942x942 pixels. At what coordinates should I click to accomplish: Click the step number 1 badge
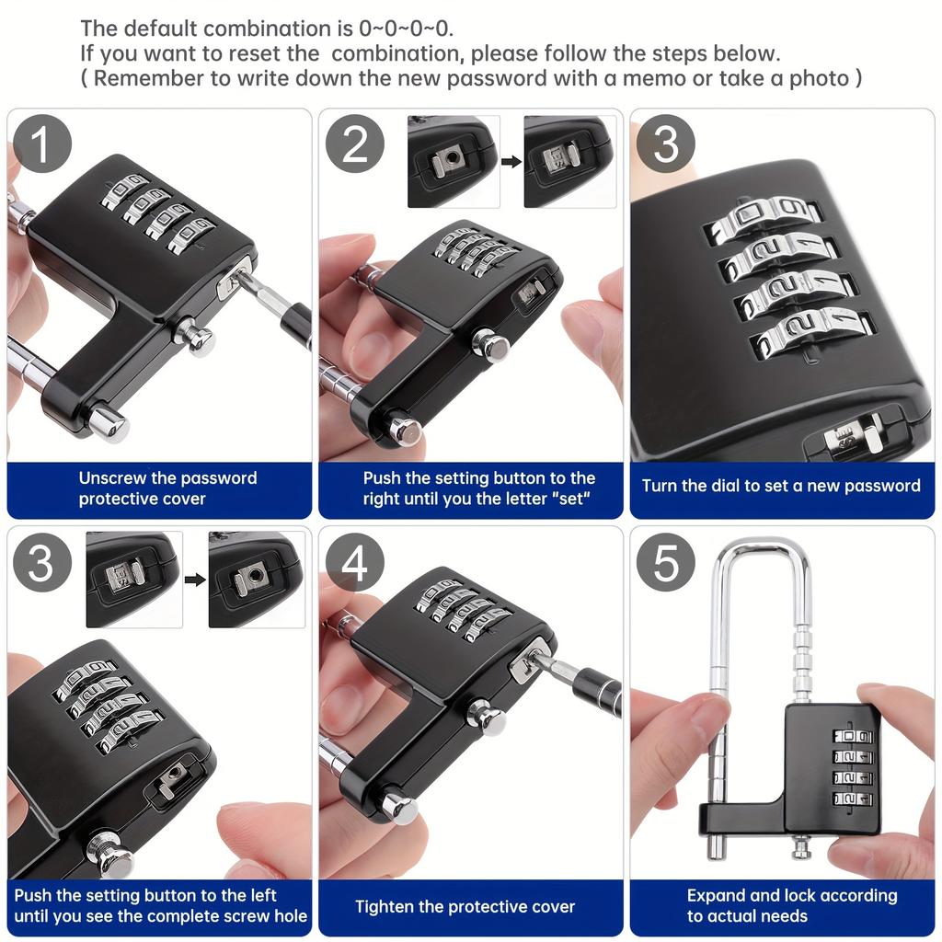coord(42,144)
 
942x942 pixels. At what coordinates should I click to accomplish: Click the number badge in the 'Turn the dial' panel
coord(666,144)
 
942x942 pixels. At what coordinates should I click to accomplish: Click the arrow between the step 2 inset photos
coord(511,162)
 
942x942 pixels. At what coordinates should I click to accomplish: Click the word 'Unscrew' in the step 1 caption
coord(112,478)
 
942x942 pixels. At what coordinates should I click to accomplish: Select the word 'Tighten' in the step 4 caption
coord(385,907)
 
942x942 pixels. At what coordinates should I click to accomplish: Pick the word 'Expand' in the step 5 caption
coord(716,896)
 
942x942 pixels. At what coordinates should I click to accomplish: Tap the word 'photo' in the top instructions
coord(819,78)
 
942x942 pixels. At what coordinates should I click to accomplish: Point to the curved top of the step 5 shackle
coord(763,547)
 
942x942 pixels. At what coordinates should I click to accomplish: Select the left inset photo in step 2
coord(454,162)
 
